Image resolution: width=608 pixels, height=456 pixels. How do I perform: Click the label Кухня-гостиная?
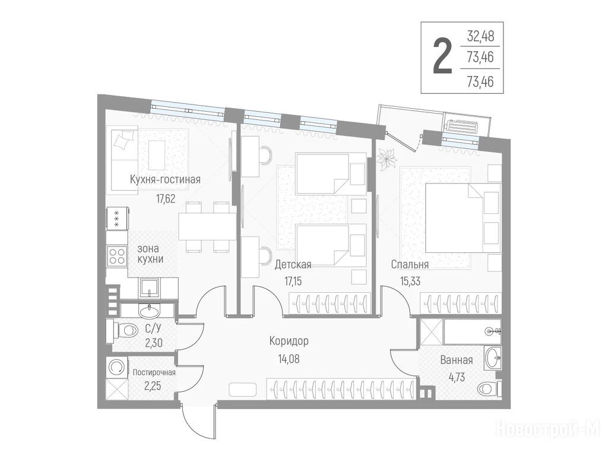[x=165, y=179]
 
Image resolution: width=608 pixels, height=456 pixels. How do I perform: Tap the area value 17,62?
[x=166, y=199]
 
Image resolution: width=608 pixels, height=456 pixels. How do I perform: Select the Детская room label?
[x=293, y=265]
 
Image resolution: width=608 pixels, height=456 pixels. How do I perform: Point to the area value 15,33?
[x=410, y=281]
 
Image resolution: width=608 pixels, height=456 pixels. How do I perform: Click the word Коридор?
[x=289, y=341]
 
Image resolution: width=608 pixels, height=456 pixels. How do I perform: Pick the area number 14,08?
[x=289, y=359]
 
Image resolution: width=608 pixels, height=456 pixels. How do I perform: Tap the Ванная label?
[x=457, y=360]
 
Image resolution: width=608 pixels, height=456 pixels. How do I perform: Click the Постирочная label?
[x=154, y=373]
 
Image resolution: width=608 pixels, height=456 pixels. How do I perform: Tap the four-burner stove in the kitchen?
[x=117, y=256]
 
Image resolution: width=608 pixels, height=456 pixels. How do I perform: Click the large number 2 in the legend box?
[x=442, y=58]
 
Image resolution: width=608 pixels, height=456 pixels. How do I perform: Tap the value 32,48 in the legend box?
[x=480, y=36]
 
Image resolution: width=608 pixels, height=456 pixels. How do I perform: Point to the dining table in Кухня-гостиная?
[x=207, y=227]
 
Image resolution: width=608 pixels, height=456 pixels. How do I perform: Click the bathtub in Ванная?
[x=473, y=331]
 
